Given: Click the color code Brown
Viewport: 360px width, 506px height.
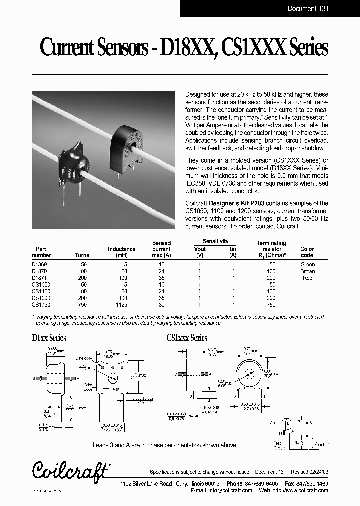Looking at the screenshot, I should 307,271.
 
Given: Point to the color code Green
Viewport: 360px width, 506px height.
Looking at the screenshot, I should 307,264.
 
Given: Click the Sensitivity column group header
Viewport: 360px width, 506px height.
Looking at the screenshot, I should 215,241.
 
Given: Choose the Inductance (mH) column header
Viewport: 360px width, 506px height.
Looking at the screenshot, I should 121,252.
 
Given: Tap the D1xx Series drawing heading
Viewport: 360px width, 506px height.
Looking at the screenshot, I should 49,338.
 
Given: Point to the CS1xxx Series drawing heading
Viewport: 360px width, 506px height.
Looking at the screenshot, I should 187,338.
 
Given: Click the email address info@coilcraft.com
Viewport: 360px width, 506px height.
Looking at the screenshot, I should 234,491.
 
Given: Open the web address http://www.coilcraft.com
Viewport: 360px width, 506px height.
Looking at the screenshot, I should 305,491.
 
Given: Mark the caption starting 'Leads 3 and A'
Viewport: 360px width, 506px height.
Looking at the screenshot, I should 165,445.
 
